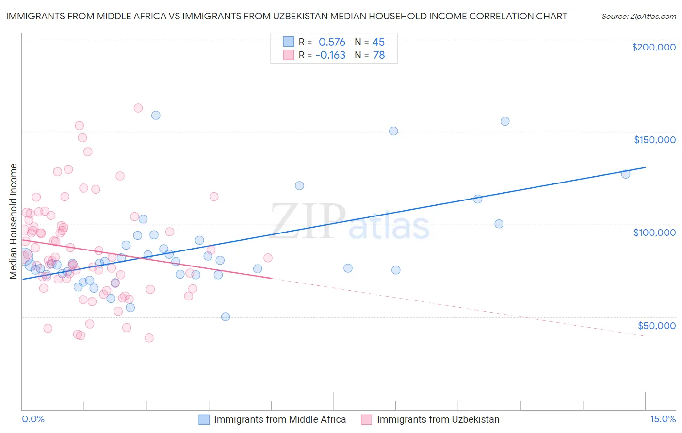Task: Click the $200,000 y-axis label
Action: click(x=653, y=47)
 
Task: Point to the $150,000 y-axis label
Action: click(x=654, y=140)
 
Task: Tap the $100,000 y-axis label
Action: click(x=654, y=233)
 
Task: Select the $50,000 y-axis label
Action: click(x=656, y=325)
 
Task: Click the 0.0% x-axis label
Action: click(x=33, y=419)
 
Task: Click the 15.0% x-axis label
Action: click(x=663, y=419)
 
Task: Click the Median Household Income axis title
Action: click(x=13, y=221)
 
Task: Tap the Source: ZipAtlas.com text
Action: click(x=638, y=16)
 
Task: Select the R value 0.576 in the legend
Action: click(x=332, y=42)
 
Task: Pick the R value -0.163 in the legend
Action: click(x=330, y=55)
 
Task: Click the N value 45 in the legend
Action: click(x=378, y=42)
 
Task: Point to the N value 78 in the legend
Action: click(x=379, y=55)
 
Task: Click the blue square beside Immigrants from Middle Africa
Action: click(x=204, y=419)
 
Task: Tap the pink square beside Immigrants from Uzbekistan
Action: click(x=367, y=419)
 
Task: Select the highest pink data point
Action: click(x=138, y=108)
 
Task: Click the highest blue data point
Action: click(x=156, y=116)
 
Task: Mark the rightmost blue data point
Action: click(x=626, y=174)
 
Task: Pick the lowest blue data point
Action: click(x=226, y=316)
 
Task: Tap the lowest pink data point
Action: click(x=149, y=338)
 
